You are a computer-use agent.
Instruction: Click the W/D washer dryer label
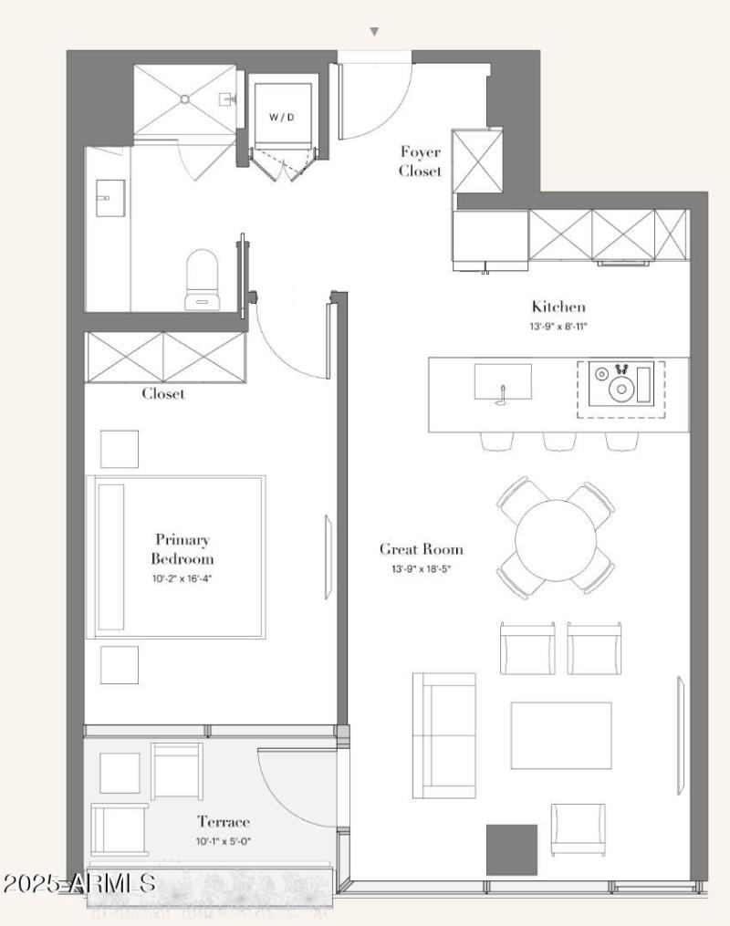pyautogui.click(x=282, y=117)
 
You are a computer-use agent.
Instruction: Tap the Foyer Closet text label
pyautogui.click(x=420, y=161)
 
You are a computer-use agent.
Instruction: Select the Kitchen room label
pyautogui.click(x=558, y=307)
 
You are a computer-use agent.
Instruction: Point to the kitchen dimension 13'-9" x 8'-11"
pyautogui.click(x=558, y=326)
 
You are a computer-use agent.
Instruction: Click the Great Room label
pyautogui.click(x=421, y=549)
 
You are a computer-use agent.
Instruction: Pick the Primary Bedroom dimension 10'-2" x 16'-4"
pyautogui.click(x=182, y=578)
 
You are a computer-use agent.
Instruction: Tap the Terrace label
pyautogui.click(x=224, y=821)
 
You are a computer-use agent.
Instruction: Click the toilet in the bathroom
pyautogui.click(x=202, y=280)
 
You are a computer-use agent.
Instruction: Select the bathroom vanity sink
pyautogui.click(x=110, y=199)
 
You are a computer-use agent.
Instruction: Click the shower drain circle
pyautogui.click(x=185, y=99)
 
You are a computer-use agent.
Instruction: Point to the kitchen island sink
pyautogui.click(x=503, y=382)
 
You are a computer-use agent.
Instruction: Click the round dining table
pyautogui.click(x=555, y=540)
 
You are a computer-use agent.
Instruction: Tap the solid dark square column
pyautogui.click(x=512, y=849)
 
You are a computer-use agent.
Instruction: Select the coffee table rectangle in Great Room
pyautogui.click(x=561, y=735)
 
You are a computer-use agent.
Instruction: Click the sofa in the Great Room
pyautogui.click(x=444, y=735)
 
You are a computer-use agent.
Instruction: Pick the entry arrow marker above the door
pyautogui.click(x=374, y=32)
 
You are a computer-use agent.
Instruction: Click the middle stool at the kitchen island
pyautogui.click(x=560, y=440)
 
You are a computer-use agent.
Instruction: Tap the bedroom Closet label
pyautogui.click(x=163, y=394)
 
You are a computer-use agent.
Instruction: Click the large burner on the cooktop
pyautogui.click(x=621, y=389)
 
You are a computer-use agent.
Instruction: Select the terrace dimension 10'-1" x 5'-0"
pyautogui.click(x=224, y=841)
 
